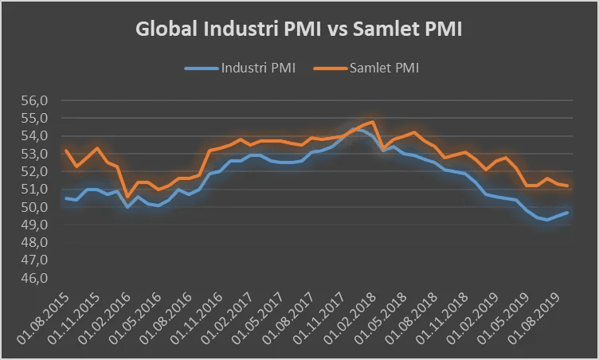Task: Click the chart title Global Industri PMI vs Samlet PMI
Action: (x=299, y=29)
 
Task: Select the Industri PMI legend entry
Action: (x=249, y=68)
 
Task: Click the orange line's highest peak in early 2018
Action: (x=372, y=122)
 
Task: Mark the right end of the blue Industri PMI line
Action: (x=566, y=213)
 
